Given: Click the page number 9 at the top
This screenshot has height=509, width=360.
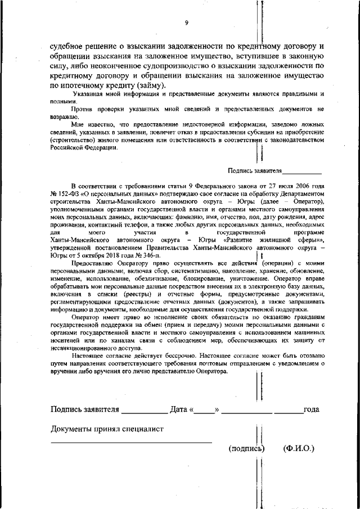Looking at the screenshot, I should pyautogui.click(x=186, y=23).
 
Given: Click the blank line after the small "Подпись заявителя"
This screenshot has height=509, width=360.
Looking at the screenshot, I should pyautogui.click(x=302, y=170).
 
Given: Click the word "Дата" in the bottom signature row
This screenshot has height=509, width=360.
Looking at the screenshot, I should pyautogui.click(x=178, y=409).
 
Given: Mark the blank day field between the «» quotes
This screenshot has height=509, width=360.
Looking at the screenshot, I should pyautogui.click(x=204, y=410).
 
